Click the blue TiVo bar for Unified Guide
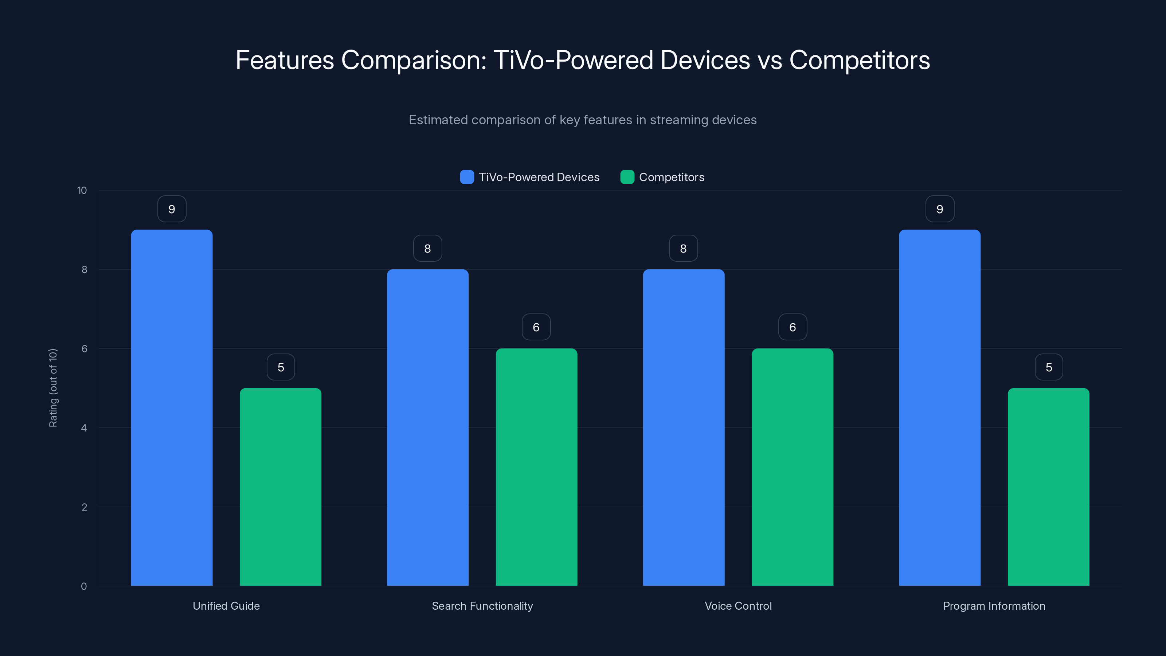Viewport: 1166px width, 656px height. point(172,407)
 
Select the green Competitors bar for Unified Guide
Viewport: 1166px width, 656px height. point(280,487)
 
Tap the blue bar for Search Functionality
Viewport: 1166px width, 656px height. point(427,427)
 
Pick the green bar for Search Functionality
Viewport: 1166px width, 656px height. point(536,467)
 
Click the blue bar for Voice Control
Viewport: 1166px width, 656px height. point(684,427)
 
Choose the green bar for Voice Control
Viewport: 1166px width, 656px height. point(792,467)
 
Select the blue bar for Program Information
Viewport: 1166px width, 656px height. point(940,407)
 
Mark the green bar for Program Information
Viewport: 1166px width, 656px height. point(1048,487)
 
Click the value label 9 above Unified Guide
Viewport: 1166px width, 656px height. point(172,209)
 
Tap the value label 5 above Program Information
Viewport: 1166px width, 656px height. point(1049,367)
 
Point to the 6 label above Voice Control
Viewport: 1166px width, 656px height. point(793,327)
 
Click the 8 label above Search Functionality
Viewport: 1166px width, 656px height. point(427,249)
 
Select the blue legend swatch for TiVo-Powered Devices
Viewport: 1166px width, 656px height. point(467,177)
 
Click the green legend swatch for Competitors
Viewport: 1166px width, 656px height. point(627,177)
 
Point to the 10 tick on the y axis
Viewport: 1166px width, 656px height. point(82,191)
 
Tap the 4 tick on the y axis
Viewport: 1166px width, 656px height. point(84,428)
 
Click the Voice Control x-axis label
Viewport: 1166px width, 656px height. point(738,606)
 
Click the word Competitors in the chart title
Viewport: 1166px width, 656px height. point(859,60)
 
